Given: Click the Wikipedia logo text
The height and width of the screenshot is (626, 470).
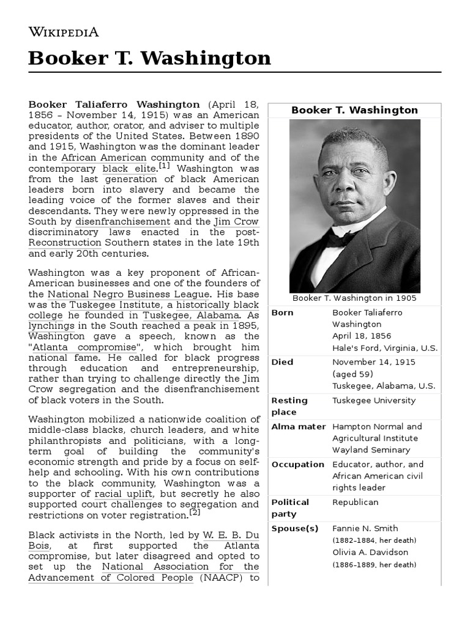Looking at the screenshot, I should tap(64, 32).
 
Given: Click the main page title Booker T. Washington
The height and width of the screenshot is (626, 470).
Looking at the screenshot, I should tap(150, 59).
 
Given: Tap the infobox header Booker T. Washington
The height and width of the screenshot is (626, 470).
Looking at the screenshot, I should tap(354, 111).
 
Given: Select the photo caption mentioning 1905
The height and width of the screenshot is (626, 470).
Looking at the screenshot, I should tap(354, 298).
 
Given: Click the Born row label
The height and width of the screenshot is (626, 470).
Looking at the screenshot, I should tap(282, 313).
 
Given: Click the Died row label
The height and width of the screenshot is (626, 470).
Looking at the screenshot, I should tap(282, 363).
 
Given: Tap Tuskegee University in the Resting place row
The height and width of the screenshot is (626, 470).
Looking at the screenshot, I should tap(373, 401).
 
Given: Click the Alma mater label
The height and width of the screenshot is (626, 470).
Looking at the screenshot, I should tap(299, 427).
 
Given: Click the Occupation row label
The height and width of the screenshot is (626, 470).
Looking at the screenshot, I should tap(297, 465).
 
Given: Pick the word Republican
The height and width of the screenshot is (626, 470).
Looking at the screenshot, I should tap(355, 503).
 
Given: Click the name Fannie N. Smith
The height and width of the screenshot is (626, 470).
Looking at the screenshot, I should tap(365, 529).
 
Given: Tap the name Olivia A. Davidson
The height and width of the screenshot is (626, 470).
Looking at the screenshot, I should tap(370, 553).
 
